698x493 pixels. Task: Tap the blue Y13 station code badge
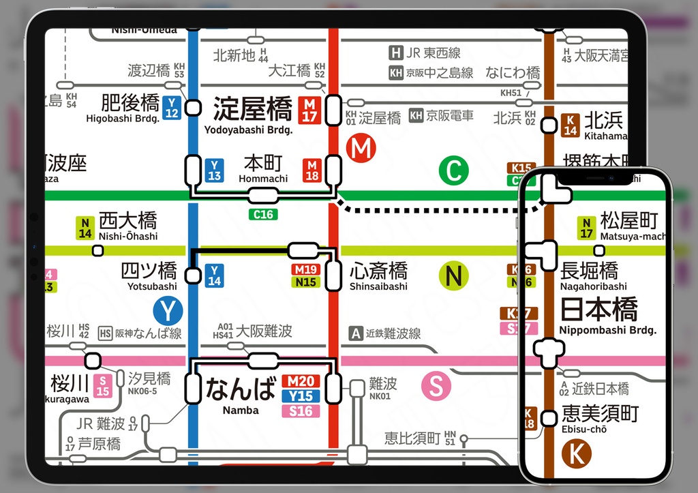pos(214,170)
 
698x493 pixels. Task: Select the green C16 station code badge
pos(263,214)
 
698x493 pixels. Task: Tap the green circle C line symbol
pos(453,170)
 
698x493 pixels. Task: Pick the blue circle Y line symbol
pos(167,311)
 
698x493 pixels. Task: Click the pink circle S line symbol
pos(436,386)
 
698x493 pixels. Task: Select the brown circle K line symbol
pos(576,453)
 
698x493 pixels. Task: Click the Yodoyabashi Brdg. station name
pos(248,130)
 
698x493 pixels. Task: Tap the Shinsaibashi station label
pos(378,286)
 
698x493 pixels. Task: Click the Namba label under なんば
pos(241,410)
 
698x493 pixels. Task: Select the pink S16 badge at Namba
pos(301,410)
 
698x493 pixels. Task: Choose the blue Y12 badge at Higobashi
pos(172,108)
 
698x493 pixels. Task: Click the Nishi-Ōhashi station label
pos(127,236)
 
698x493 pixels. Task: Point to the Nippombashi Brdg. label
pos(607,330)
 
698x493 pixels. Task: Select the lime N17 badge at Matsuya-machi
pos(586,228)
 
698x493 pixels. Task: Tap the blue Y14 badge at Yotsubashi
pos(214,275)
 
